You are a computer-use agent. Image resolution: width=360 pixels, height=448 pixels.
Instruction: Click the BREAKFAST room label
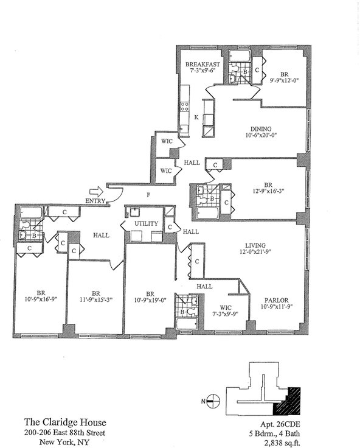point(202,65)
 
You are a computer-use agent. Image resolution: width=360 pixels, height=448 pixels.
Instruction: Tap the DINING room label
point(261,129)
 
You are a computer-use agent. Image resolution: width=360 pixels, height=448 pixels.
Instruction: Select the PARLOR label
point(276,300)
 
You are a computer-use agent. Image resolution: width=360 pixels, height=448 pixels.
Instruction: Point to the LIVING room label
point(255,245)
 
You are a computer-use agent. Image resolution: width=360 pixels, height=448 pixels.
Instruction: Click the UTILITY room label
point(146,223)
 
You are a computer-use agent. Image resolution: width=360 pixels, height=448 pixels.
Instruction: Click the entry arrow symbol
point(96,191)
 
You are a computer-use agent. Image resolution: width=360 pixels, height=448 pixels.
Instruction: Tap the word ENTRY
point(95,201)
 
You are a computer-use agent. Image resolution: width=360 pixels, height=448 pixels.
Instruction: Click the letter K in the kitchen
point(196,117)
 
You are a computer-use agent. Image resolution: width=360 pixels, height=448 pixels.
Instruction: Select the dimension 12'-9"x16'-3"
point(268,191)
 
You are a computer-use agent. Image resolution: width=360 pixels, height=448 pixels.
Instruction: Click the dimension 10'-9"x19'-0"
point(150,300)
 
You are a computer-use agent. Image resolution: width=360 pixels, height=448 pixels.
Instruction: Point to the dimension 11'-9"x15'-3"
point(96,299)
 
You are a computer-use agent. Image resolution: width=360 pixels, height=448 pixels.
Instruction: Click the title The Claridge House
point(65,422)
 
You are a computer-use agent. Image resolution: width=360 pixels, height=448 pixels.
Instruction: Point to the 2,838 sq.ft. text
point(282,443)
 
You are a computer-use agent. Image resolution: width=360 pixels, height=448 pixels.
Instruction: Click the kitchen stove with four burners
point(185,107)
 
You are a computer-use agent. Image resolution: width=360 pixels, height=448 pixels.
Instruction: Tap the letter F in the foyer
point(148,195)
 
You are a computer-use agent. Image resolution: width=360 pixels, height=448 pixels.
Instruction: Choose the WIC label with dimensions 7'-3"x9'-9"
point(226,310)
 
